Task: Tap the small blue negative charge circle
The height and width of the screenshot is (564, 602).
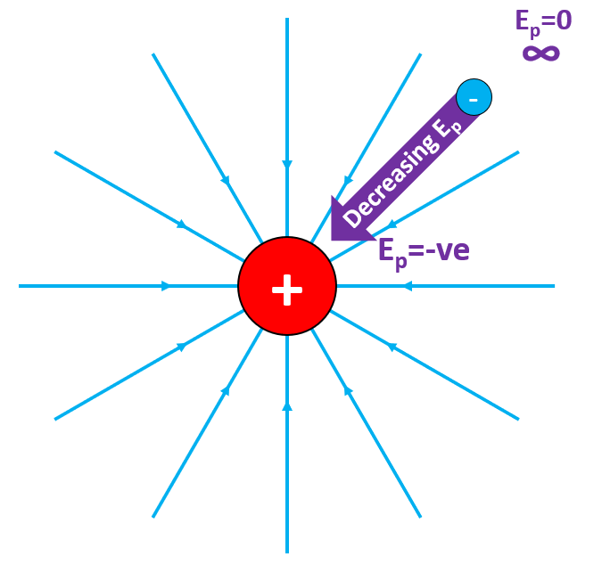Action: (x=474, y=97)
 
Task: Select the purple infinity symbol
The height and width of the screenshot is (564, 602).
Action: (x=540, y=53)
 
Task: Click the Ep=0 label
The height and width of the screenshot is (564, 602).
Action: (x=543, y=20)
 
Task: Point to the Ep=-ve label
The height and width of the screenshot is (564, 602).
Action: (x=424, y=250)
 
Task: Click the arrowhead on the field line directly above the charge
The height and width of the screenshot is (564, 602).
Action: (x=287, y=165)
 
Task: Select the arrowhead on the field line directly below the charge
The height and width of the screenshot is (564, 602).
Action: (x=287, y=406)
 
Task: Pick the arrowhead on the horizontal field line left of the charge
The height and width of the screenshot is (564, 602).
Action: (x=166, y=286)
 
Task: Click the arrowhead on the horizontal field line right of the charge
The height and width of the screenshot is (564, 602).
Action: (x=408, y=286)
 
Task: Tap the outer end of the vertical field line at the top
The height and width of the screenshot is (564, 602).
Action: (x=287, y=19)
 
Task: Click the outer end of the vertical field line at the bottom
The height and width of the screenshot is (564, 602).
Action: (x=287, y=552)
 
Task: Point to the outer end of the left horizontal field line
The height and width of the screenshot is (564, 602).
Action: (x=20, y=286)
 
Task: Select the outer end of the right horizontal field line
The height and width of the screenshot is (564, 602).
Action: (x=554, y=286)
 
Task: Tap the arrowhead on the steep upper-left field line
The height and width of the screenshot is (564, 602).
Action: (x=226, y=180)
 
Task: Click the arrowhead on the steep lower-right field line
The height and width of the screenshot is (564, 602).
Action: (x=348, y=390)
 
